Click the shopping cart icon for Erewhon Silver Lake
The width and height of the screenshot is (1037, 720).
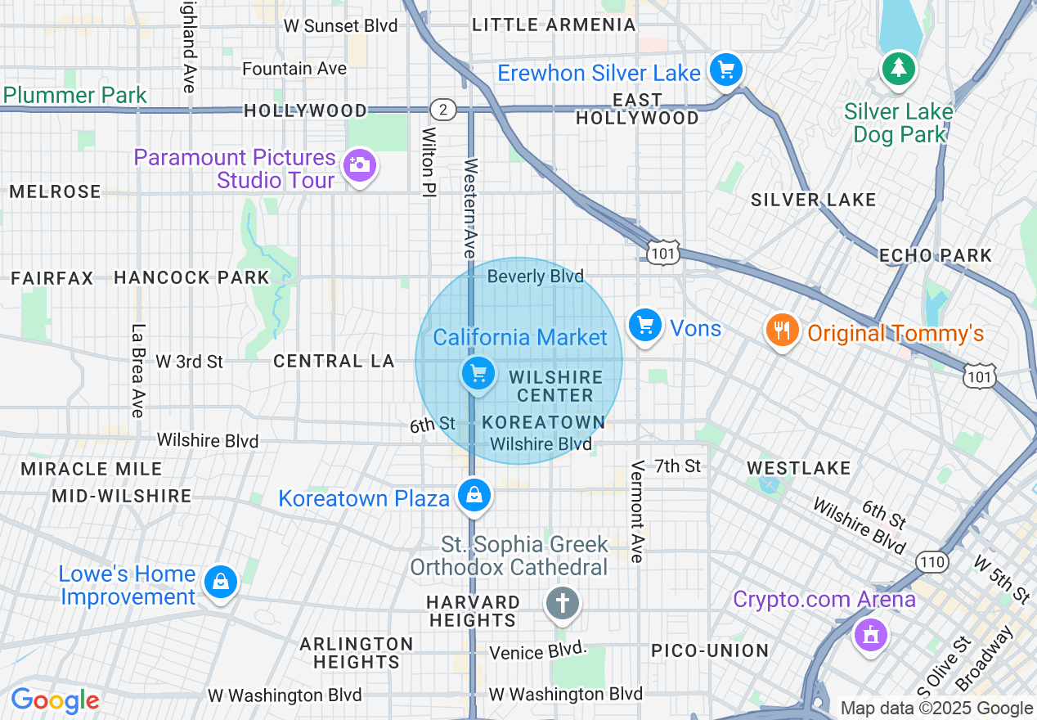pos(725,70)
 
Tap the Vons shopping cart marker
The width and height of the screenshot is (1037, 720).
pos(645,326)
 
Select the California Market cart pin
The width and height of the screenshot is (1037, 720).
pos(478,374)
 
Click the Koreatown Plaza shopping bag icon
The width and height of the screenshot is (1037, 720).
pos(474,495)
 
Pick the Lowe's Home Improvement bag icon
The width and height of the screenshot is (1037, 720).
pos(220,582)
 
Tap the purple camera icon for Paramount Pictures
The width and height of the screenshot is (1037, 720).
pos(358,165)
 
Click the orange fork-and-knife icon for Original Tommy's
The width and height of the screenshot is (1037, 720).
pos(783,331)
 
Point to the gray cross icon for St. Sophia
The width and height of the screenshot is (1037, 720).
pos(563,605)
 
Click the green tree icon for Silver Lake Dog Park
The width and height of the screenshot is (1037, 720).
pos(899,69)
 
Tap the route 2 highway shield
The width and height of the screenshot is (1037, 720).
pos(442,110)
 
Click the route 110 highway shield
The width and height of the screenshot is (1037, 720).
pos(932,562)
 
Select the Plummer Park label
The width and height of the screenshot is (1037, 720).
pos(74,95)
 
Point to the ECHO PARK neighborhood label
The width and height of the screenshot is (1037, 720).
pos(935,255)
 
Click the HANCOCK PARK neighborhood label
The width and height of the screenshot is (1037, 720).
pos(191,277)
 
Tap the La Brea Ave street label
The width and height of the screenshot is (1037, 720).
pos(137,370)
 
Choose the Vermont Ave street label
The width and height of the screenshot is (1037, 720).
pos(638,511)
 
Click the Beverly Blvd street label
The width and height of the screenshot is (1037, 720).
pos(535,277)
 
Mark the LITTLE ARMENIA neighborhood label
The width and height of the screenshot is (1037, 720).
pos(554,25)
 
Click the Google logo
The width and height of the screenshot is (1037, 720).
pos(55,700)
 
